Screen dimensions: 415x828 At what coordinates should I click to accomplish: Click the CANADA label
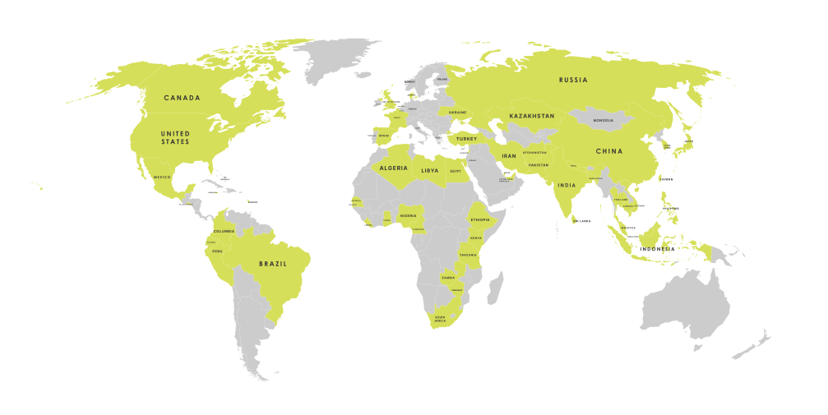[x=182, y=98]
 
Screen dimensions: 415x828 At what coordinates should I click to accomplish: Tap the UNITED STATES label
[x=175, y=137]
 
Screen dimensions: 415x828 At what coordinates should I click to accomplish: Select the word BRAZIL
[x=272, y=264]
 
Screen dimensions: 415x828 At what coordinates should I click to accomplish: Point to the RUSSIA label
[x=573, y=80]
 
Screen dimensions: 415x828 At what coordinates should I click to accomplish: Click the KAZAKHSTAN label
[x=531, y=116]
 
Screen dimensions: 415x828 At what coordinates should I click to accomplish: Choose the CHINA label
[x=609, y=151]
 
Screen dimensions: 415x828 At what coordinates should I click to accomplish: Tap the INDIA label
[x=566, y=186]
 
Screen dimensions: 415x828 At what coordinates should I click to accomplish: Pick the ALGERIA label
[x=393, y=168]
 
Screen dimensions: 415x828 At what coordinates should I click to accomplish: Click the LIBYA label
[x=430, y=170]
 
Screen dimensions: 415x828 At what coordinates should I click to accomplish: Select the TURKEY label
[x=466, y=139]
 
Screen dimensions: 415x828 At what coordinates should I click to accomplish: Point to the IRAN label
[x=509, y=155]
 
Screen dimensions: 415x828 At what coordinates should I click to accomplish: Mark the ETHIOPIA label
[x=480, y=219]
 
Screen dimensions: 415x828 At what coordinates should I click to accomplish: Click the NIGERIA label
[x=409, y=216]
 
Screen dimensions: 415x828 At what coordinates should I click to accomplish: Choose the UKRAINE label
[x=457, y=112]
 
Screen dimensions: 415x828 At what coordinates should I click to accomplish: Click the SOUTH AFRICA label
[x=440, y=319]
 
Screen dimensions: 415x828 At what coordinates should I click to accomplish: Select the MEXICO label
[x=162, y=177]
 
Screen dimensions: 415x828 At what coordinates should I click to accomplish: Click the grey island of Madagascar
[x=496, y=291]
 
